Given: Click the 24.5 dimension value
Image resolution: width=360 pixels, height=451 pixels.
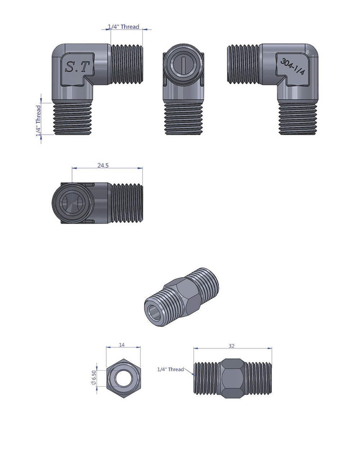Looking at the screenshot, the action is pyautogui.click(x=103, y=166).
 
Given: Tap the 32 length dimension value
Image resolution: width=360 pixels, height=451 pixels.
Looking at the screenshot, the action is pyautogui.click(x=231, y=346).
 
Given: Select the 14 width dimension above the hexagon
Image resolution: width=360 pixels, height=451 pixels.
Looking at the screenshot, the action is pyautogui.click(x=122, y=345).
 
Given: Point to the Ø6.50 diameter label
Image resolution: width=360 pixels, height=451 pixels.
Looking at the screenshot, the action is pyautogui.click(x=94, y=378).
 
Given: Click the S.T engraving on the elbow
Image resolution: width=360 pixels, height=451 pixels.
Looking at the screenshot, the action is pyautogui.click(x=77, y=67).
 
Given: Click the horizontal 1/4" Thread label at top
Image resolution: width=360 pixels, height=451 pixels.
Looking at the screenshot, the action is pyautogui.click(x=123, y=27).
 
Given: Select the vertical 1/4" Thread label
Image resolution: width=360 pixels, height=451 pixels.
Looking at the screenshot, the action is pyautogui.click(x=39, y=121).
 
